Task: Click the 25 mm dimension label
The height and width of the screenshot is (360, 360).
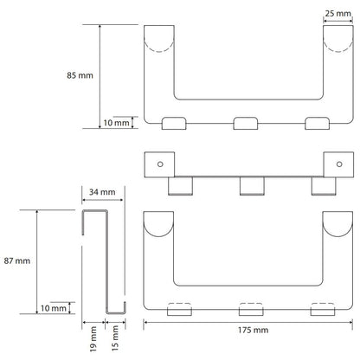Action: click(x=338, y=13)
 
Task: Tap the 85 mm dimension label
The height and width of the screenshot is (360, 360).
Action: click(x=80, y=75)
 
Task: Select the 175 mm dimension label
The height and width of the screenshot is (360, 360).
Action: click(x=253, y=330)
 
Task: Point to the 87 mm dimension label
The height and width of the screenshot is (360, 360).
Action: click(x=17, y=260)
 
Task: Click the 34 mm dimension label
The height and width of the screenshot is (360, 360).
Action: click(x=102, y=192)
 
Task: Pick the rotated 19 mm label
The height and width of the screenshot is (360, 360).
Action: click(x=93, y=339)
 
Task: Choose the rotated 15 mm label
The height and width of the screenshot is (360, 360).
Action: click(x=115, y=338)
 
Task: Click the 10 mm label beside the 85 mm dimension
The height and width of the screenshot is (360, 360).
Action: click(x=116, y=123)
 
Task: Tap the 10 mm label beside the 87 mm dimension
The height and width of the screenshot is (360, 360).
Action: click(x=54, y=308)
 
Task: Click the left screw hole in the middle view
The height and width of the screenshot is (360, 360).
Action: click(x=160, y=164)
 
